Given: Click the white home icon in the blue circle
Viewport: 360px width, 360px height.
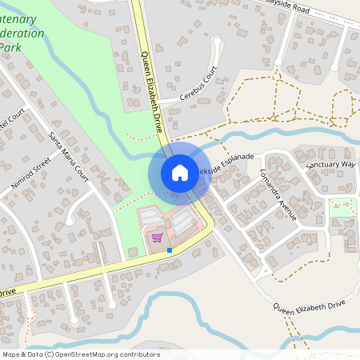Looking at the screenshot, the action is pos(179,172).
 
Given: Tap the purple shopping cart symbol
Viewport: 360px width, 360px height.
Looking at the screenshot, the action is pos(158,237).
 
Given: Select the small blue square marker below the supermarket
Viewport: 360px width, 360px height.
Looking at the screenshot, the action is pos(170,250).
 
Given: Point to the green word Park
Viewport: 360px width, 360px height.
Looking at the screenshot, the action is pos(10,47).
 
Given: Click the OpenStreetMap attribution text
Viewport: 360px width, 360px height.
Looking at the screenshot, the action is pos(80,354).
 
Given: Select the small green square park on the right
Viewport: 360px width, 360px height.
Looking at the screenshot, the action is pos(342,206).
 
